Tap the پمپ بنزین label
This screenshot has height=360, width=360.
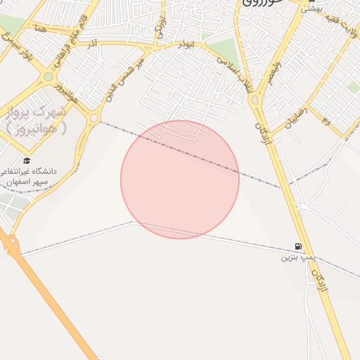(x=296, y=257)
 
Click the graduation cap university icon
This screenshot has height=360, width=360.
(x=27, y=160)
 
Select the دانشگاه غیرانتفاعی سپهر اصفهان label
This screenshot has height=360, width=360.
(x=34, y=176)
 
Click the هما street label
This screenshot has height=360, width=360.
(x=39, y=28)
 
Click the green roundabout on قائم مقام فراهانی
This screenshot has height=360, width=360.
(x=48, y=77)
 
